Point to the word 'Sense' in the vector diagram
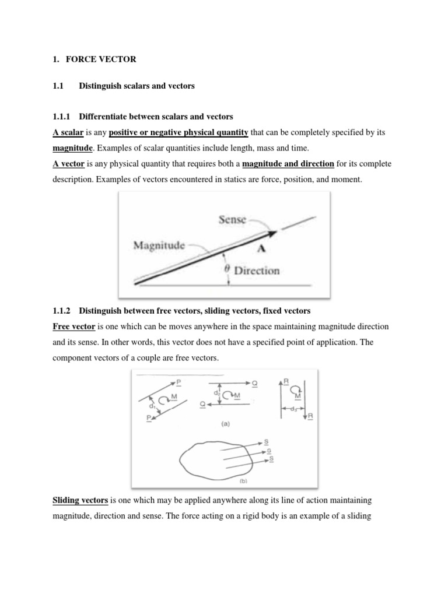(232, 220)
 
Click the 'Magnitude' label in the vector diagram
(159, 245)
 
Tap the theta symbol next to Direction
(228, 270)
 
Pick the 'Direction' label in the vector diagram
(257, 271)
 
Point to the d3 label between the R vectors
(292, 408)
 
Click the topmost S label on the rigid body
(266, 443)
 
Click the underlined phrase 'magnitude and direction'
(288, 164)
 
